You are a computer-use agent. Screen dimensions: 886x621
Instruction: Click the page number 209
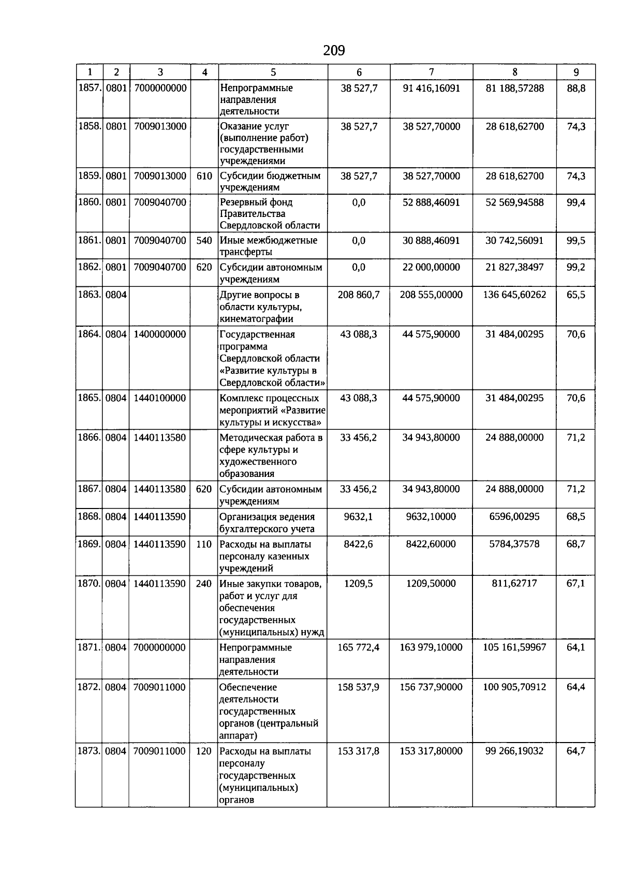tap(334, 51)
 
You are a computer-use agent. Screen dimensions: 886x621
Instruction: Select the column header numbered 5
tap(273, 72)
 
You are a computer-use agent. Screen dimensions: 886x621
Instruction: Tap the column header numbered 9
tap(576, 72)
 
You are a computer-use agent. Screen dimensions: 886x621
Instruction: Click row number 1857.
tap(89, 88)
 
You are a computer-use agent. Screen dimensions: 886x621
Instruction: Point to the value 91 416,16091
tap(432, 88)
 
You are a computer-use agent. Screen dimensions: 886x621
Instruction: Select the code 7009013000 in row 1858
tap(160, 126)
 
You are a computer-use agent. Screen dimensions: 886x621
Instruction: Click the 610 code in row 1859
tap(204, 176)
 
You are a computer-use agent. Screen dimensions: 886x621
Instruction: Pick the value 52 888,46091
tap(432, 202)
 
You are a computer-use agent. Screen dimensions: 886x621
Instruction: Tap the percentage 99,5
tap(576, 240)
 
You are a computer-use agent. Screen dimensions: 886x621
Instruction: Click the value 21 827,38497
tap(514, 267)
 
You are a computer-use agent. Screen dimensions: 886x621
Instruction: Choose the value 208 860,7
tap(359, 295)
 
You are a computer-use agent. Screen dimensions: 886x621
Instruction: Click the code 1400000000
tap(160, 334)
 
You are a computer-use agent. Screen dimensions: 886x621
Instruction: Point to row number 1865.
tap(89, 398)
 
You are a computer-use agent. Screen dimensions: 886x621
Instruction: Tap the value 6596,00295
tap(514, 516)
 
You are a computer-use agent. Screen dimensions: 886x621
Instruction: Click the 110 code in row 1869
tap(204, 544)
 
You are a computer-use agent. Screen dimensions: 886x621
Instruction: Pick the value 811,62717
tap(514, 583)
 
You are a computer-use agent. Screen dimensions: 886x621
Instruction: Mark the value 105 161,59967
tap(514, 647)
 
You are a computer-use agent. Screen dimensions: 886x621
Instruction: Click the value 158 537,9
tap(359, 687)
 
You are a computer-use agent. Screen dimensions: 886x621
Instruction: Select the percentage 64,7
tap(576, 751)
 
